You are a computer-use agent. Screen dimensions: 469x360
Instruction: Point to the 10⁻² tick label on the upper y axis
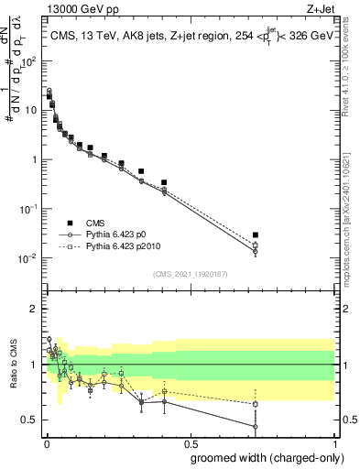pos(29,258)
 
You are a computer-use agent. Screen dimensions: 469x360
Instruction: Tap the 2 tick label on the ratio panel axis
pos(34,309)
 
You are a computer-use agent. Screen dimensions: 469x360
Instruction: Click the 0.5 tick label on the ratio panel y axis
pos(29,420)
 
